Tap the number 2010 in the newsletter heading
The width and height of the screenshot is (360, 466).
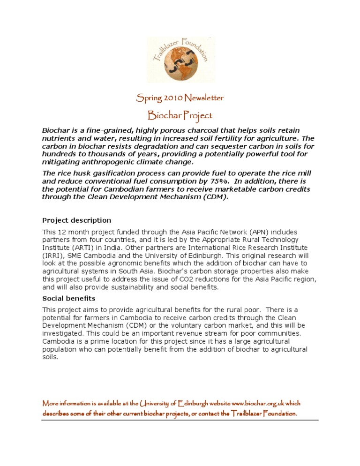(x=172, y=98)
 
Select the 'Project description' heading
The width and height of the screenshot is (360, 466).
(x=77, y=220)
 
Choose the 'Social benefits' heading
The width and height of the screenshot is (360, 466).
(x=69, y=298)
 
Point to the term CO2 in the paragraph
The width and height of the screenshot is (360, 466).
(x=196, y=280)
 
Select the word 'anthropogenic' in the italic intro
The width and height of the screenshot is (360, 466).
(x=97, y=162)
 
